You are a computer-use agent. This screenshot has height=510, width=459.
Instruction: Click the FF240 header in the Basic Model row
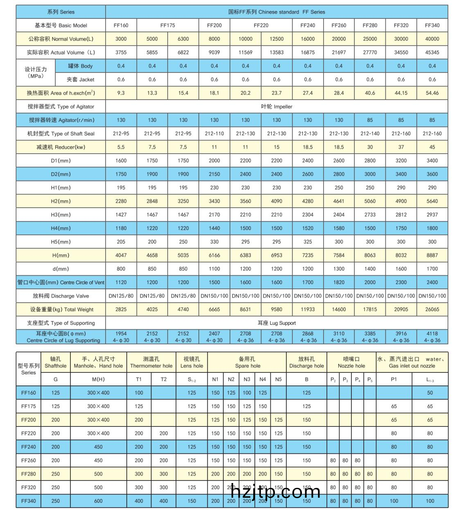308,25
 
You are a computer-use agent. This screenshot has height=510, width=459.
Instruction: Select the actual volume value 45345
432,52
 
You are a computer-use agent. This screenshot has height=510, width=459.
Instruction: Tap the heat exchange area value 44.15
401,93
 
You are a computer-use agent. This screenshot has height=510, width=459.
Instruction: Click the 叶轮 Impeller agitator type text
277,107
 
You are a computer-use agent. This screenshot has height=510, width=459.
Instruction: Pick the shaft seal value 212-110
214,134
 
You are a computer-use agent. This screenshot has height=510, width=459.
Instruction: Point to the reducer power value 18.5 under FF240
308,147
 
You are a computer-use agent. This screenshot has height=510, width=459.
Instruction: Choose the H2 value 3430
214,201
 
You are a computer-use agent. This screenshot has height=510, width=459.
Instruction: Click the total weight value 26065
432,309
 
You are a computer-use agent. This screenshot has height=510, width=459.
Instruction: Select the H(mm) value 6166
214,255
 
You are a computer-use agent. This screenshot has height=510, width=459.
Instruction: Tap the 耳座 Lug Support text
277,323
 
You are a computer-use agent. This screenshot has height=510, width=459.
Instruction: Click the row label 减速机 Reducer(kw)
61,147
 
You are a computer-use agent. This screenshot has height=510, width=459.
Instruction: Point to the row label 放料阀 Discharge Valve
61,296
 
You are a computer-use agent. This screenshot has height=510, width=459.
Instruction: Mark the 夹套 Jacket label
80,79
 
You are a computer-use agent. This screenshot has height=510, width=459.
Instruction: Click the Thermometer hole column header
151,363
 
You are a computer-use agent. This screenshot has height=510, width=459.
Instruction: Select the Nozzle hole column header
351,363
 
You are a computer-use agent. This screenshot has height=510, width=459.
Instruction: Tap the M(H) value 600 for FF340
98,501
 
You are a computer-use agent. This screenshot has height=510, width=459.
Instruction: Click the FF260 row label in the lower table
29,460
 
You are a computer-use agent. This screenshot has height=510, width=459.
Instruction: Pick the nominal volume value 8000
214,39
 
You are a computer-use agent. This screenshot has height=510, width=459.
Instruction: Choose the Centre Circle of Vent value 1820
339,282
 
